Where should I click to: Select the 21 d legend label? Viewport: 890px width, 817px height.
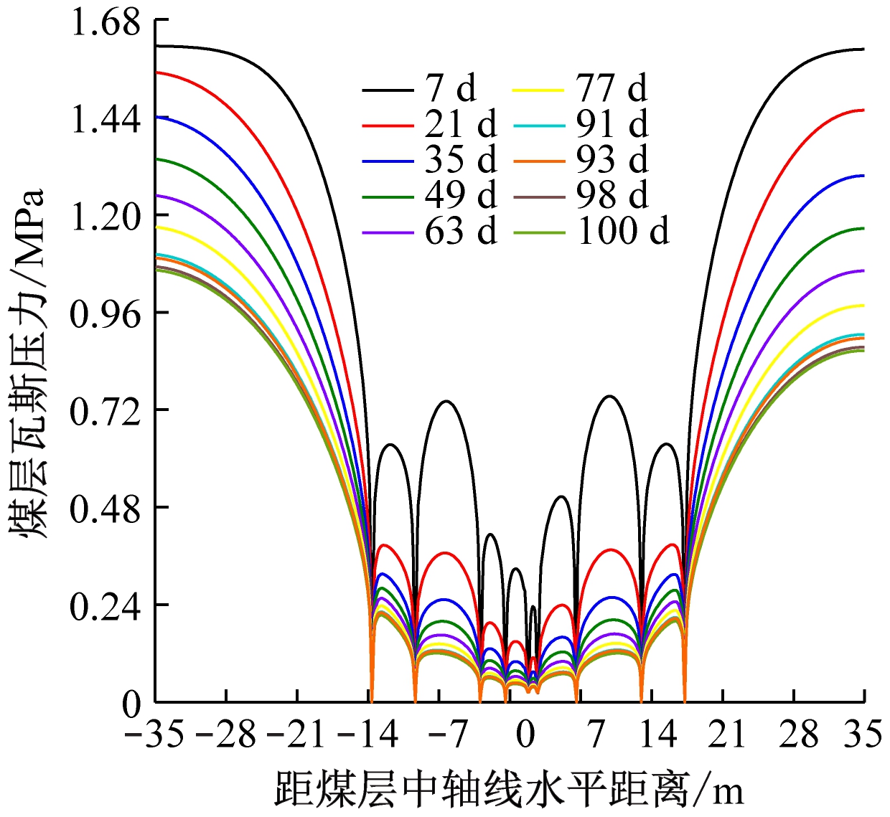click(460, 125)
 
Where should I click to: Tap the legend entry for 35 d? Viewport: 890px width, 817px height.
click(460, 160)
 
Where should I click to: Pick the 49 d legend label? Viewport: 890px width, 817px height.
click(460, 195)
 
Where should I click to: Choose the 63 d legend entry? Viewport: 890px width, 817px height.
click(460, 231)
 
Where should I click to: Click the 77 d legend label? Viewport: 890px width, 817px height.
click(611, 89)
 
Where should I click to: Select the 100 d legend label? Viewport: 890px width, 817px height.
click(623, 231)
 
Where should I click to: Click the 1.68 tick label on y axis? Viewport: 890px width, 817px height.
click(105, 23)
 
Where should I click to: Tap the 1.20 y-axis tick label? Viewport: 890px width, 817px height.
click(105, 217)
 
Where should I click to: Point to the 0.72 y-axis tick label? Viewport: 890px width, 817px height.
click(105, 411)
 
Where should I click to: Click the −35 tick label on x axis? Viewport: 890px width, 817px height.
click(154, 735)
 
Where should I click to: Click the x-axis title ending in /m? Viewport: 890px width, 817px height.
click(509, 790)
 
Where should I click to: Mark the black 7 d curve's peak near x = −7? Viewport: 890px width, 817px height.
click(446, 401)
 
